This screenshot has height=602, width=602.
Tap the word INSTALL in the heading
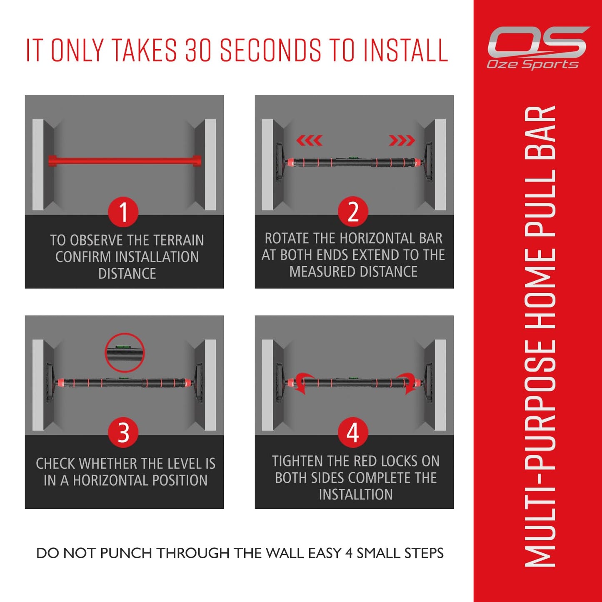coord(405,50)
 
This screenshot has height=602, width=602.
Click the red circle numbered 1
coord(123,212)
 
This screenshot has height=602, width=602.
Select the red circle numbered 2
coord(353,212)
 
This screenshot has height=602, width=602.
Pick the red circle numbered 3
coord(123,432)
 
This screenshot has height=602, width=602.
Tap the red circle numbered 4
coord(353,432)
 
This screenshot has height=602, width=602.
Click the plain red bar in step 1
coord(125,160)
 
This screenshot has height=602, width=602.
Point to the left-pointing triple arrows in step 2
coord(309,141)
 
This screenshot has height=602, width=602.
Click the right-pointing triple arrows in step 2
coord(402,141)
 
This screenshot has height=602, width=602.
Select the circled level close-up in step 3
coord(125,352)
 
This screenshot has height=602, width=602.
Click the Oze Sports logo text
coord(532,64)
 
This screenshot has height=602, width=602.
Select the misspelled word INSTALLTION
coord(356,495)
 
